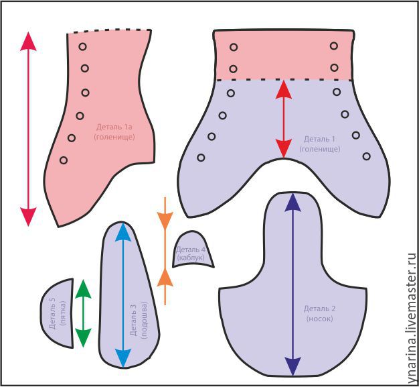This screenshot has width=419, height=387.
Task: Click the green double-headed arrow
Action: tap(82, 313)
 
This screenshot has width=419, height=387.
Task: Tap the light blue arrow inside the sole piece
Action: tap(122, 295)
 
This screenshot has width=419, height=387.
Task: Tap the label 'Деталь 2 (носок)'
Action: tap(319, 313)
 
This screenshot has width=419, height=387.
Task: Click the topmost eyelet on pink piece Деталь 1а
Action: tap(82, 46)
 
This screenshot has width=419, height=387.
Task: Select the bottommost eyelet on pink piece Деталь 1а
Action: tap(64, 160)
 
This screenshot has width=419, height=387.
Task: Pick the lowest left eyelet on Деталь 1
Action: tap(201, 158)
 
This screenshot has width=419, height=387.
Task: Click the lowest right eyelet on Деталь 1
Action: tap(366, 156)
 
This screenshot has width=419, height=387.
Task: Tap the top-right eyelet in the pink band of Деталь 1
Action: tap(333, 46)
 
